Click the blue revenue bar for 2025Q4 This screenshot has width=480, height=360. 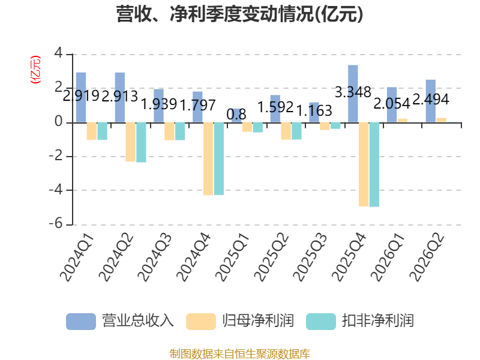click(353, 94)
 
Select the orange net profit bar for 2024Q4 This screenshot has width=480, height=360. click(208, 159)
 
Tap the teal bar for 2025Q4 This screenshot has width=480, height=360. click(374, 164)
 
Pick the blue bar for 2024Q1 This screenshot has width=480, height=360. click(81, 97)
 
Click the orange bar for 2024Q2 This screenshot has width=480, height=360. click(130, 142)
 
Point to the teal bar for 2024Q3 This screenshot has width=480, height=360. click(180, 131)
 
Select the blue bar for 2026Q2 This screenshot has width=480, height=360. click(431, 101)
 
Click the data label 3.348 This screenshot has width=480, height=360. click(353, 92)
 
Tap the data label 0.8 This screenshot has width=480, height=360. click(236, 115)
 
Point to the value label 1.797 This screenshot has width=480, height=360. click(198, 106)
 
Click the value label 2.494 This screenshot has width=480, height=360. click(431, 99)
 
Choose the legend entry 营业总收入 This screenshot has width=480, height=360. click(120, 321)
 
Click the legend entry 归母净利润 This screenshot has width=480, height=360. click(240, 321)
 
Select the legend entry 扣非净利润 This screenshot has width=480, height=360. click(360, 321)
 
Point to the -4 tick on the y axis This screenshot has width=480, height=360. click(56, 190)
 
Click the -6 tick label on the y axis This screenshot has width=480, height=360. click(56, 224)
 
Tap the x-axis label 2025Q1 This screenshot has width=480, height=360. click(232, 257)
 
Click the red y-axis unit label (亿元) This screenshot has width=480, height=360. click(35, 70)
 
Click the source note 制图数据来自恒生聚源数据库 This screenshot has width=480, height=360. click(240, 354)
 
